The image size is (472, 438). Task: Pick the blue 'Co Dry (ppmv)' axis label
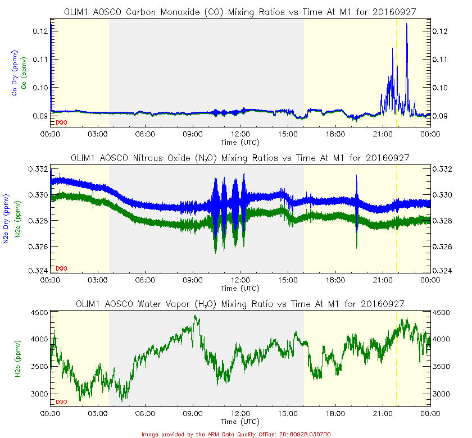tap(14, 73)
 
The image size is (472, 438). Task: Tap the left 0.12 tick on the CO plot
tap(42, 31)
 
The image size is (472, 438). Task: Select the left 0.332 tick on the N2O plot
tap(40, 169)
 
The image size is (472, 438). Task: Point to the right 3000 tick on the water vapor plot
tap(442, 394)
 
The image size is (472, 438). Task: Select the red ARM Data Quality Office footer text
tap(236, 434)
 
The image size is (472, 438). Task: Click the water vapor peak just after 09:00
tap(195, 316)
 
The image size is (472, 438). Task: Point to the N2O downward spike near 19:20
tap(357, 246)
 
